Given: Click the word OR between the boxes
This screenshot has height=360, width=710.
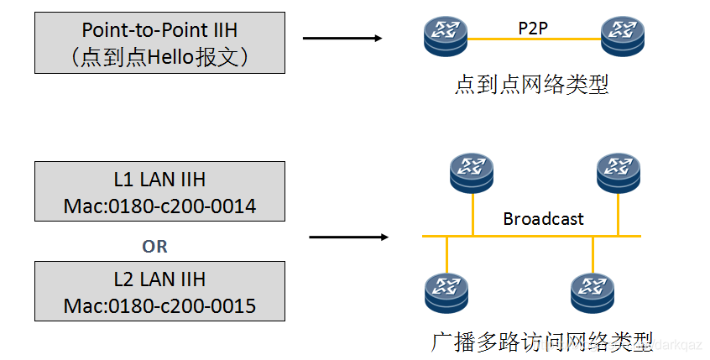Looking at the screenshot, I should pyautogui.click(x=155, y=247).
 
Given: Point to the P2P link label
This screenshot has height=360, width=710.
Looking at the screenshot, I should pyautogui.click(x=534, y=27).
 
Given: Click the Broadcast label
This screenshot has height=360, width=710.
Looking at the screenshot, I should pyautogui.click(x=543, y=219).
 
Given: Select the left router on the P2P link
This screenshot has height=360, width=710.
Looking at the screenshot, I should pyautogui.click(x=446, y=37).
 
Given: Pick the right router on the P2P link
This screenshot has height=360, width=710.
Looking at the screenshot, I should pyautogui.click(x=623, y=37).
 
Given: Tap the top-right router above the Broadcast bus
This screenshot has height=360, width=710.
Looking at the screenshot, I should pyautogui.click(x=619, y=172).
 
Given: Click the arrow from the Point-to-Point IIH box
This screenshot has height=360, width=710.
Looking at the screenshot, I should pyautogui.click(x=342, y=38).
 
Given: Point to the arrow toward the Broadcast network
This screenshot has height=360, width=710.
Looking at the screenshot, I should pyautogui.click(x=348, y=237).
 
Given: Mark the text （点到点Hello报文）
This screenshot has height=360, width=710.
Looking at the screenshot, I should pyautogui.click(x=159, y=57).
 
